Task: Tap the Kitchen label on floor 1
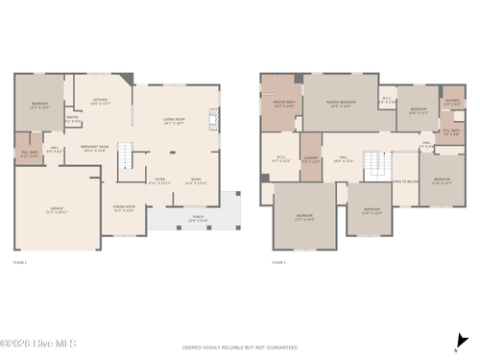tap(100, 101)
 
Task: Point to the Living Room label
tap(174, 122)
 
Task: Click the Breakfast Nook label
tap(96, 148)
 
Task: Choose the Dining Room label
tap(124, 208)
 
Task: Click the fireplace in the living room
tap(217, 119)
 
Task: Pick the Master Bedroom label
tap(342, 104)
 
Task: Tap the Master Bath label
tap(284, 104)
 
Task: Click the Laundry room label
tap(310, 161)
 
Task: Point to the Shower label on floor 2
tap(452, 103)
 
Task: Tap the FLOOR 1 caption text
tap(20, 261)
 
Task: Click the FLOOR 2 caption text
tap(278, 261)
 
